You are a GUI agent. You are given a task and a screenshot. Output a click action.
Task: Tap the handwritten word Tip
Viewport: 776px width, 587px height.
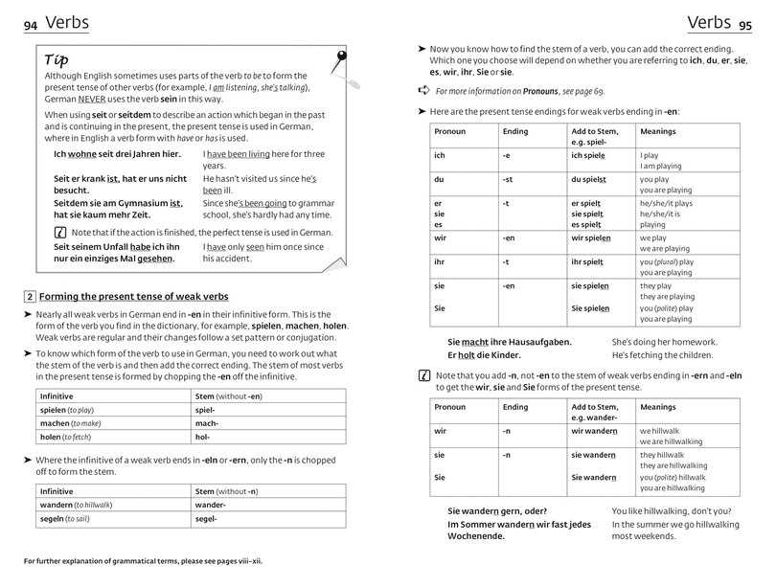(x=57, y=59)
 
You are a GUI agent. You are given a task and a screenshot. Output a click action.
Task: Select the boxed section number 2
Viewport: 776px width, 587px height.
(x=30, y=296)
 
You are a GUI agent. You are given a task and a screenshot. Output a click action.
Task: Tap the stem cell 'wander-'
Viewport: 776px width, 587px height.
(x=210, y=505)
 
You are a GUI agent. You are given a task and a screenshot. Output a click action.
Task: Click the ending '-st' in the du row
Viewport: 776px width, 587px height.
(x=509, y=179)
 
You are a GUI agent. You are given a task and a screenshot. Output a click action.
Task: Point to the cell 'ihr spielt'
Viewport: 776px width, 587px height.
(x=587, y=261)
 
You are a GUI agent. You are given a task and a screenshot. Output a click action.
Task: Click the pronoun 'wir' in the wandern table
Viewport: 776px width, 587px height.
(x=441, y=430)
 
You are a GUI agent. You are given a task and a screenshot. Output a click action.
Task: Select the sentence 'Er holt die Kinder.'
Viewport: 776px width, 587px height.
(x=487, y=356)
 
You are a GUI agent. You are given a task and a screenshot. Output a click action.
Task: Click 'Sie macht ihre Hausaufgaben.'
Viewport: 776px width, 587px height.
(x=509, y=342)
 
